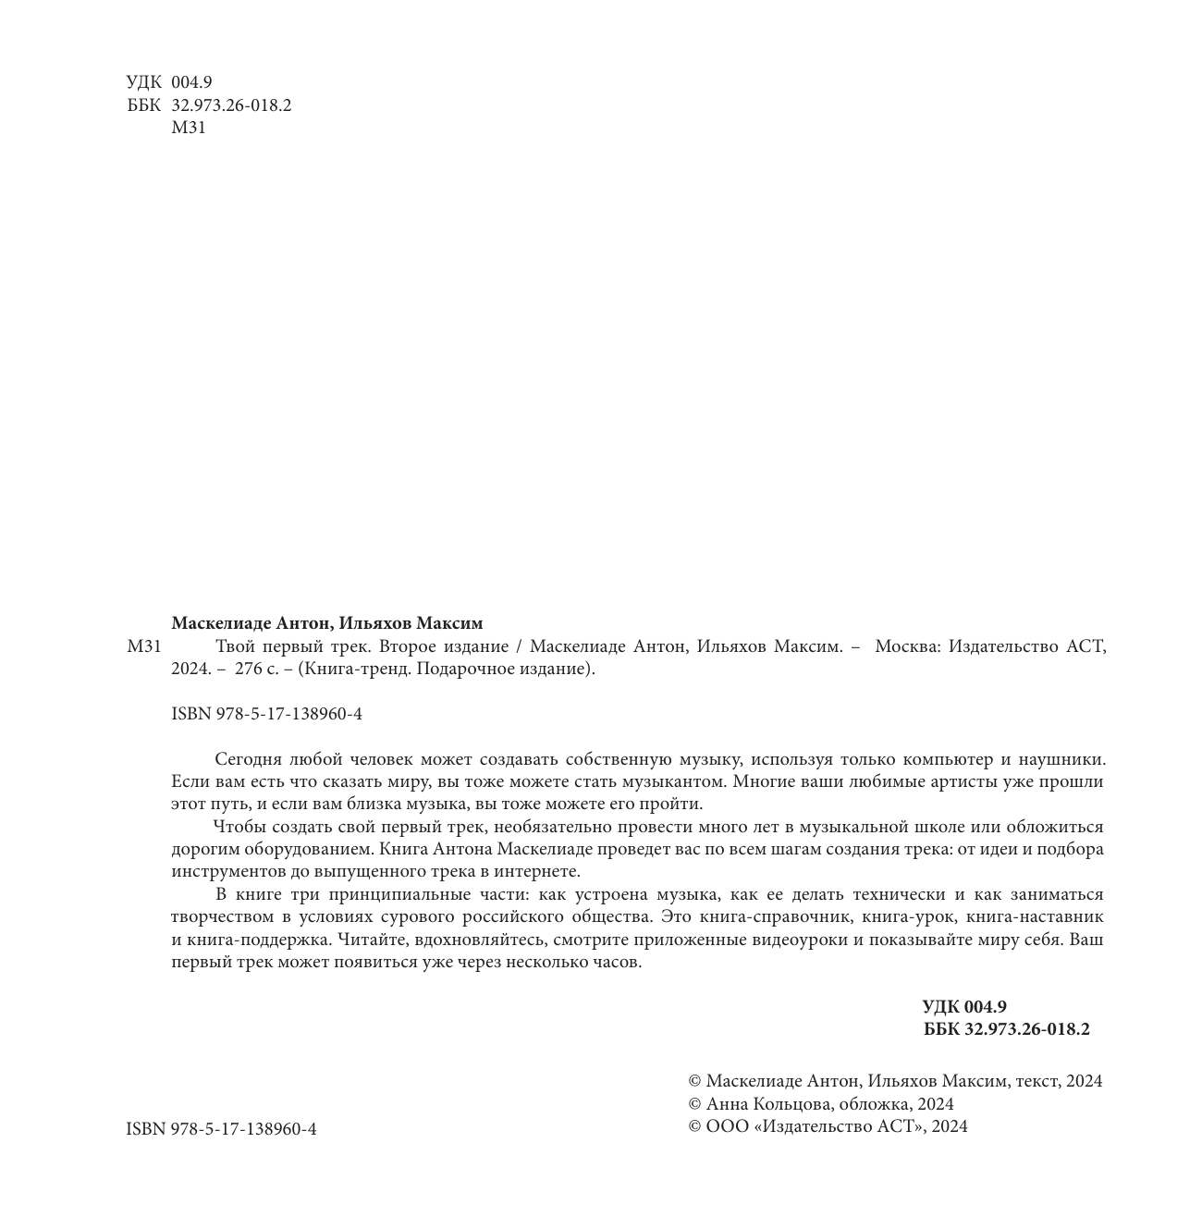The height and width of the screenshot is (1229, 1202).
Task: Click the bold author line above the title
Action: click(326, 623)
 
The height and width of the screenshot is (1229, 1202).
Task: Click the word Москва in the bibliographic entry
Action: click(906, 646)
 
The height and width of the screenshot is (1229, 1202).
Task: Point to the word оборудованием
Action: click(303, 849)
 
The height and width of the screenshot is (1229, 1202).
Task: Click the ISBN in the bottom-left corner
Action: click(221, 1129)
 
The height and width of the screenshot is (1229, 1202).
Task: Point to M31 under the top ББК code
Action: click(189, 128)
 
